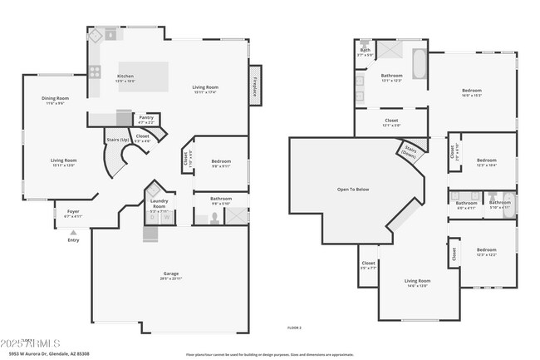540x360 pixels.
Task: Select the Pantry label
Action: (146, 117)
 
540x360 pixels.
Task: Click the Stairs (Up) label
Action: (116, 140)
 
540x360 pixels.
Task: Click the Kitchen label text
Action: (125, 76)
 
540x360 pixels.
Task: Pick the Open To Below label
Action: (352, 190)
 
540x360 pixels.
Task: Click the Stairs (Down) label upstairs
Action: (409, 151)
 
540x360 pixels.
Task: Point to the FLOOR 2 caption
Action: (293, 328)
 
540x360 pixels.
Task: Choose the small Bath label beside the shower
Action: (365, 50)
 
